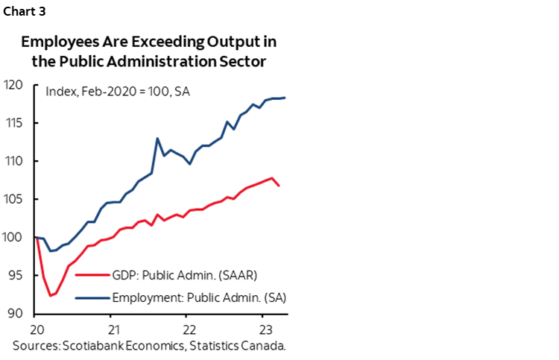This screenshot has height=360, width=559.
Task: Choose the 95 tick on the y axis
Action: pyautogui.click(x=15, y=275)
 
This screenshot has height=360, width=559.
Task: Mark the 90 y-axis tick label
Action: pyautogui.click(x=15, y=313)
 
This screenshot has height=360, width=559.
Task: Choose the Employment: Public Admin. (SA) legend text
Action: pyautogui.click(x=199, y=297)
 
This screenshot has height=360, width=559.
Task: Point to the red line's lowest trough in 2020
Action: pyautogui.click(x=51, y=296)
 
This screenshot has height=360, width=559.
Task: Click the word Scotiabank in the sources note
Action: pyautogui.click(x=101, y=347)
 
